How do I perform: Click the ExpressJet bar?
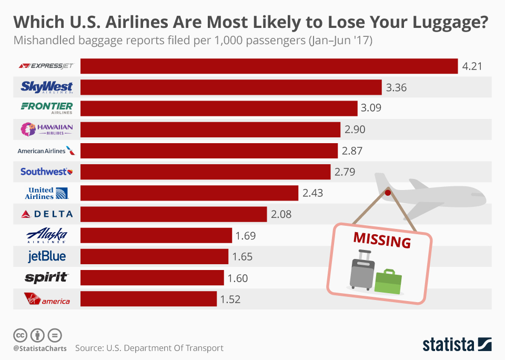point(268,66)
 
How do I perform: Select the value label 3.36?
point(396,87)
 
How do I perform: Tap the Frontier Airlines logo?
point(47,108)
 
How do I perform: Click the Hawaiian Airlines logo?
point(47,129)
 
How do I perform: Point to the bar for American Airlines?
point(209,151)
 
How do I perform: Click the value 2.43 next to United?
point(312,193)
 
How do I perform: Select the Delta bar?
point(174,214)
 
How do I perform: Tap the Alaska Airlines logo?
point(47,235)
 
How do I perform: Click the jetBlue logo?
point(47,257)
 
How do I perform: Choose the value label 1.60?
point(237,278)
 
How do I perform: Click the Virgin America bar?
point(148,299)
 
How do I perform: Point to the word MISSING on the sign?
point(382,239)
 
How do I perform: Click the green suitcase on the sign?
point(389,282)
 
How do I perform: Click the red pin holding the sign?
point(388,193)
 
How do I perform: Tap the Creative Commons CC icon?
point(21,335)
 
